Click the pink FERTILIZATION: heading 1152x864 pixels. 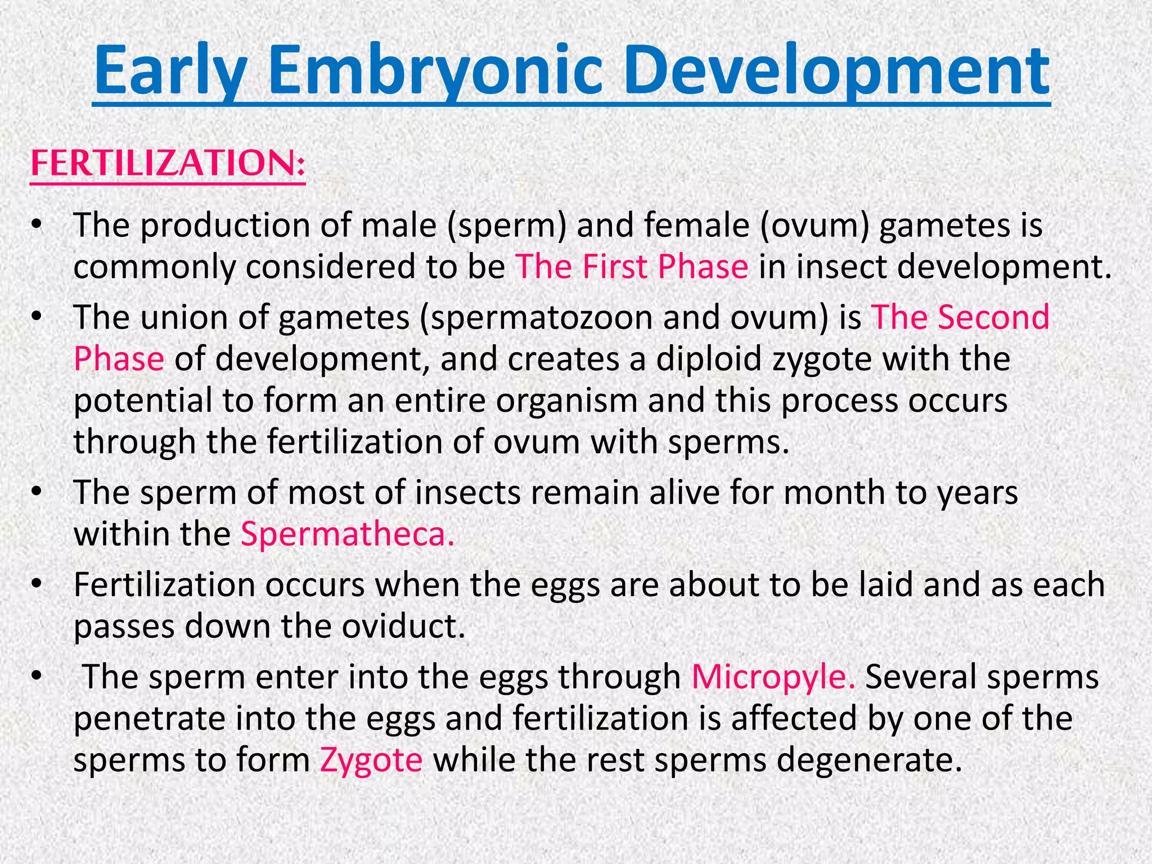[x=168, y=163]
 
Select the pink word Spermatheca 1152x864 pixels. [x=347, y=534]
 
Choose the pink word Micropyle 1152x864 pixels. [x=773, y=677]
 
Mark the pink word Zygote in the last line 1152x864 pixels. [x=371, y=760]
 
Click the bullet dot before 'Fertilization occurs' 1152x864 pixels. [x=37, y=585]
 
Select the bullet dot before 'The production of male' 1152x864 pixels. [x=37, y=226]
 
